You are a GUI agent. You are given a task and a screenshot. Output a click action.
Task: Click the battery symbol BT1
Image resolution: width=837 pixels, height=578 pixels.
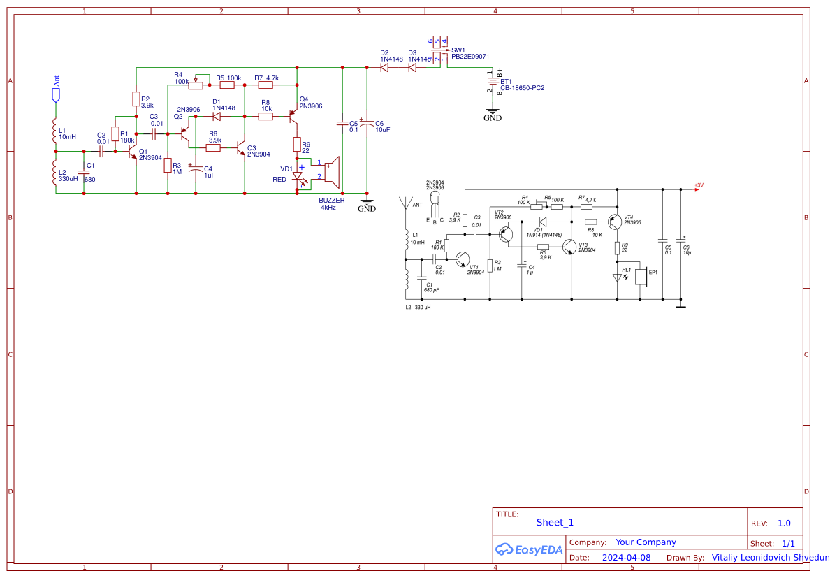click(x=491, y=84)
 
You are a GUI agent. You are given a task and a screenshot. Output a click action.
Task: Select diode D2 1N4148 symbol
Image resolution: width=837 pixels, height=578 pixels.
click(x=385, y=68)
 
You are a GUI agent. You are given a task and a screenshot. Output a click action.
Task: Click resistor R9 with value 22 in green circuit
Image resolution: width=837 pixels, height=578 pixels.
click(x=297, y=145)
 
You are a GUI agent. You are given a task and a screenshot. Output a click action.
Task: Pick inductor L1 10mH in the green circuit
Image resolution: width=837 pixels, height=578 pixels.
click(x=55, y=130)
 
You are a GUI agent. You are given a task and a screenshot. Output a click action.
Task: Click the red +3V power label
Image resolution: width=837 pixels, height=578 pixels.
click(x=699, y=185)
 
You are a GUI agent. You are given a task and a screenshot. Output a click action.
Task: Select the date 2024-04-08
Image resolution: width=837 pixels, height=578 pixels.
click(x=626, y=558)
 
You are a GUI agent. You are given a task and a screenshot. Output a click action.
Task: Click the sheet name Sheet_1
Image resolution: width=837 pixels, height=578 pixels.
click(x=555, y=523)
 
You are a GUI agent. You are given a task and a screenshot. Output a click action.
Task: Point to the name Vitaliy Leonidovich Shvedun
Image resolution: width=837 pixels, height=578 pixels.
click(x=770, y=558)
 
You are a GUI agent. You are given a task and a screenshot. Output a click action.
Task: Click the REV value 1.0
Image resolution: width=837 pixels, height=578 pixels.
click(x=784, y=523)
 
